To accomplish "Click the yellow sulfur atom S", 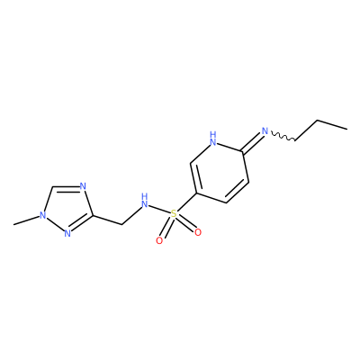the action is point(174,214).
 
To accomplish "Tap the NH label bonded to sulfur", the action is point(145,201).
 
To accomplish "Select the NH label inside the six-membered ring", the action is point(213,139).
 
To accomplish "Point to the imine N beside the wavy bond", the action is point(265,131).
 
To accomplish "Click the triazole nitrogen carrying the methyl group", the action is point(43,215).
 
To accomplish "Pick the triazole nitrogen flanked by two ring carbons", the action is point(83,186).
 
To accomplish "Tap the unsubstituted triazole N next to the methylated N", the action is point(67,234).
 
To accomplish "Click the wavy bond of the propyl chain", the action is point(283,136).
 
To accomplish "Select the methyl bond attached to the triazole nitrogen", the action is point(26,220).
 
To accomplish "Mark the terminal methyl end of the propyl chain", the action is point(346,130).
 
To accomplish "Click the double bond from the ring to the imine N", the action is point(252,142).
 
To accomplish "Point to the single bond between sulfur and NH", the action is point(159,209).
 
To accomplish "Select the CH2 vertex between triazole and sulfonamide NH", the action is point(121,224).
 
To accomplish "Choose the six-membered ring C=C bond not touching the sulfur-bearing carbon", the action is point(238,193).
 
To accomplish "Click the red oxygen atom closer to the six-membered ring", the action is point(198,232).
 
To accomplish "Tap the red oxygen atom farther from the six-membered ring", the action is point(159,240).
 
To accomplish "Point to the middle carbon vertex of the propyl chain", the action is point(318,121).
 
